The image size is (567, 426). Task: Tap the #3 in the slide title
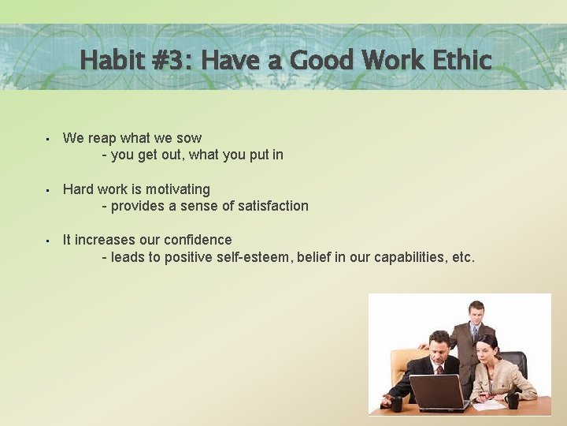click(172, 60)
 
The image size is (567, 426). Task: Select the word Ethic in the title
click(459, 60)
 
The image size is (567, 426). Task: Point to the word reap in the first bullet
click(103, 138)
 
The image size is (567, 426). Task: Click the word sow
click(189, 138)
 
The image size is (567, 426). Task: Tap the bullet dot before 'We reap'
click(48, 139)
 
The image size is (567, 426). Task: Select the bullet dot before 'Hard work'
click(48, 190)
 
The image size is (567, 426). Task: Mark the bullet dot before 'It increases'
click(48, 241)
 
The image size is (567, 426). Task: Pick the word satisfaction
click(268, 206)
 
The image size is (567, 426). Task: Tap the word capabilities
click(409, 257)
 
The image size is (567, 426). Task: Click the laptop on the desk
click(438, 392)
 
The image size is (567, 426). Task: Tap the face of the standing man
click(476, 312)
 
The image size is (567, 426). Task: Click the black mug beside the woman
click(513, 400)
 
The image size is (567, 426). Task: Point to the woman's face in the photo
click(487, 346)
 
